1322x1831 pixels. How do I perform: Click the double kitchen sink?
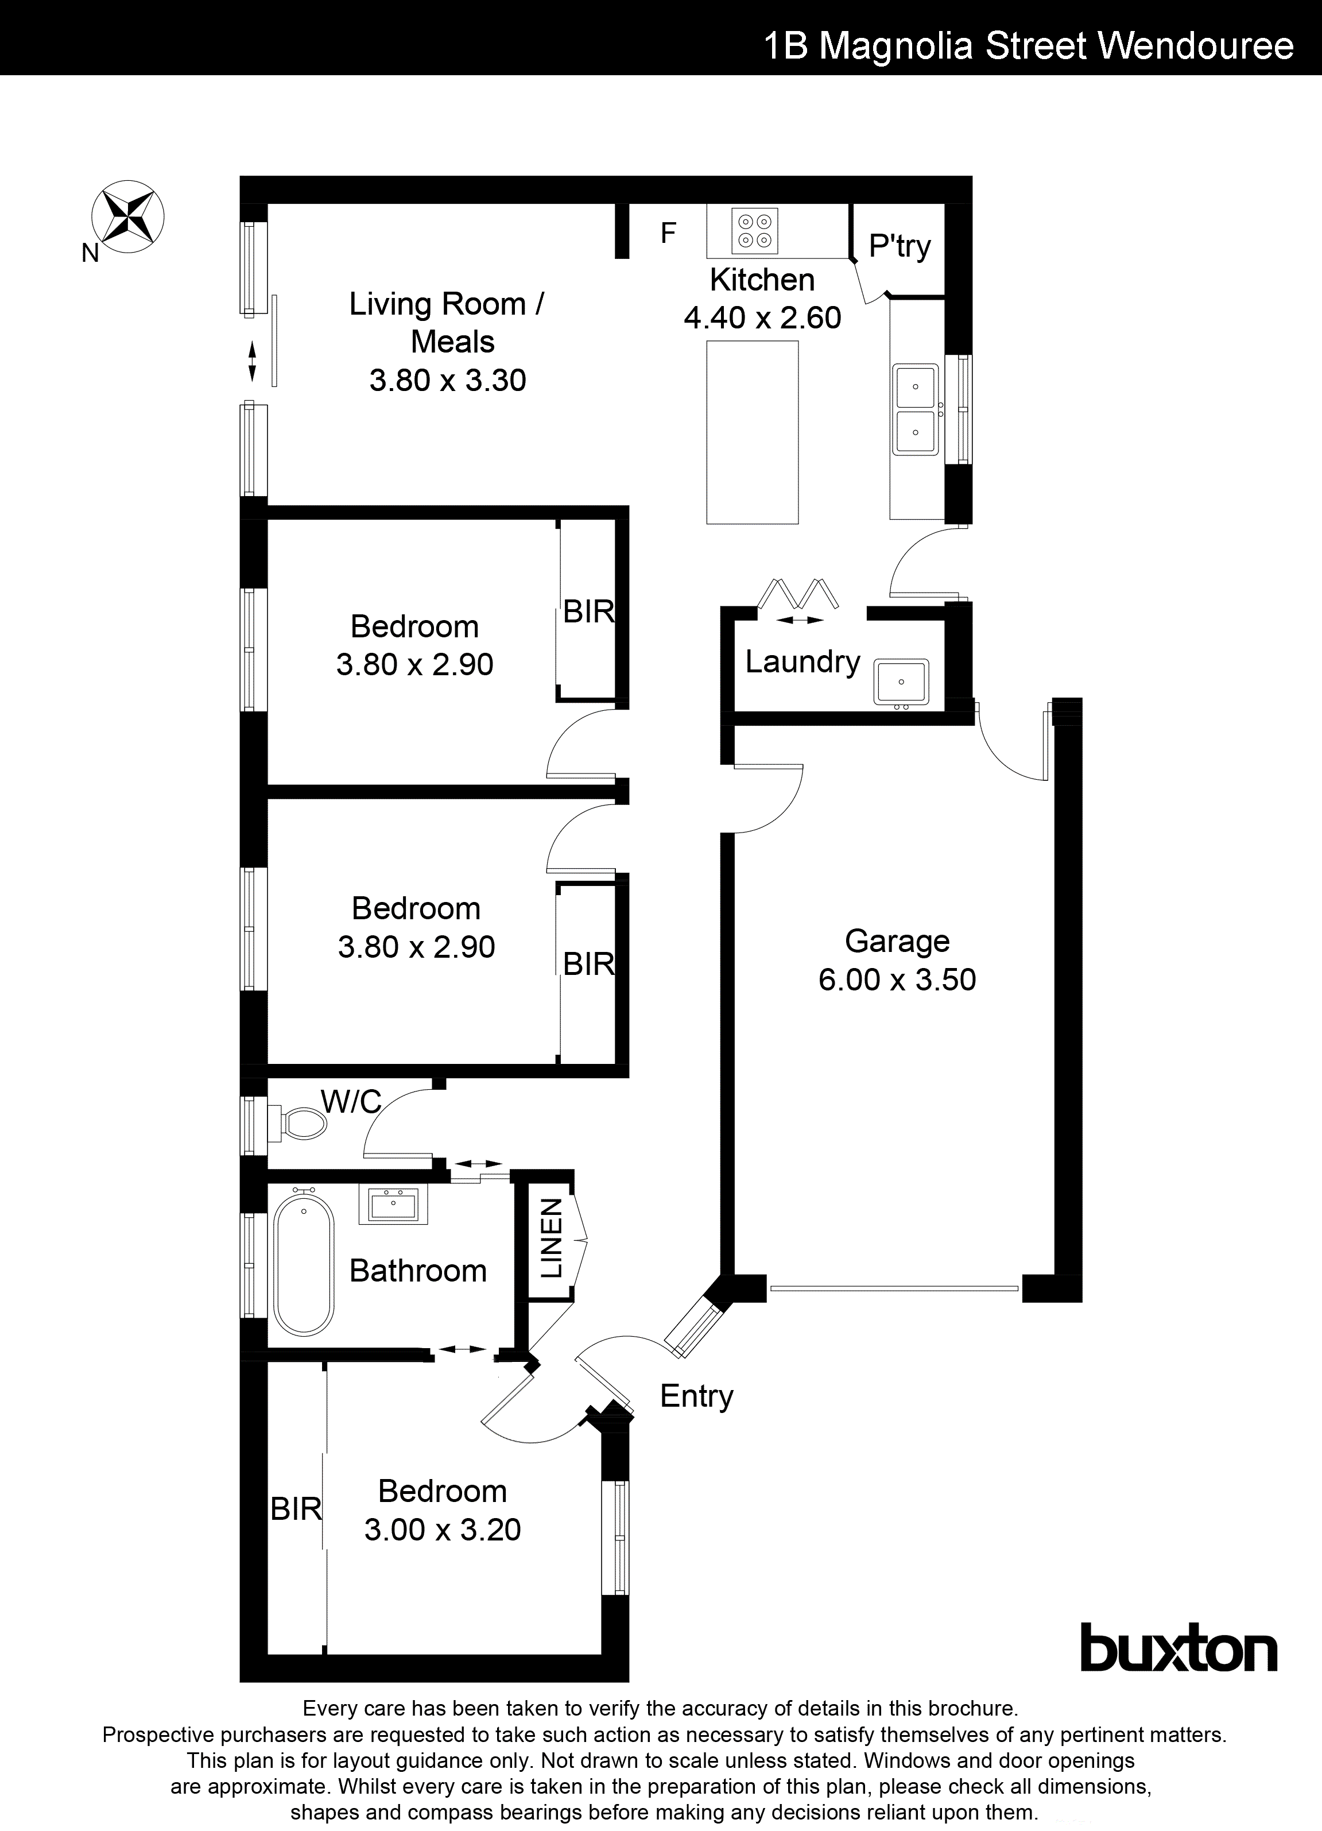915,409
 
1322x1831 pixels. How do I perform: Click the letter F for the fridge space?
668,233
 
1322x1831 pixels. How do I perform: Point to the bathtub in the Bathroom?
304,1265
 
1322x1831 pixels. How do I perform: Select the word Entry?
696,1396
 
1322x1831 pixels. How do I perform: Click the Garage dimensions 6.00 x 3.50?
897,980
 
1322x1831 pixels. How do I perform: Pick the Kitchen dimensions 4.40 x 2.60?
762,318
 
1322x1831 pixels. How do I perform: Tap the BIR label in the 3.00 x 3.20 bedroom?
296,1509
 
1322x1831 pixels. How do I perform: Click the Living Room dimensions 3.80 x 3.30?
447,380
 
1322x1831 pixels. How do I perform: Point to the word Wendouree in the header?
1196,46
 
